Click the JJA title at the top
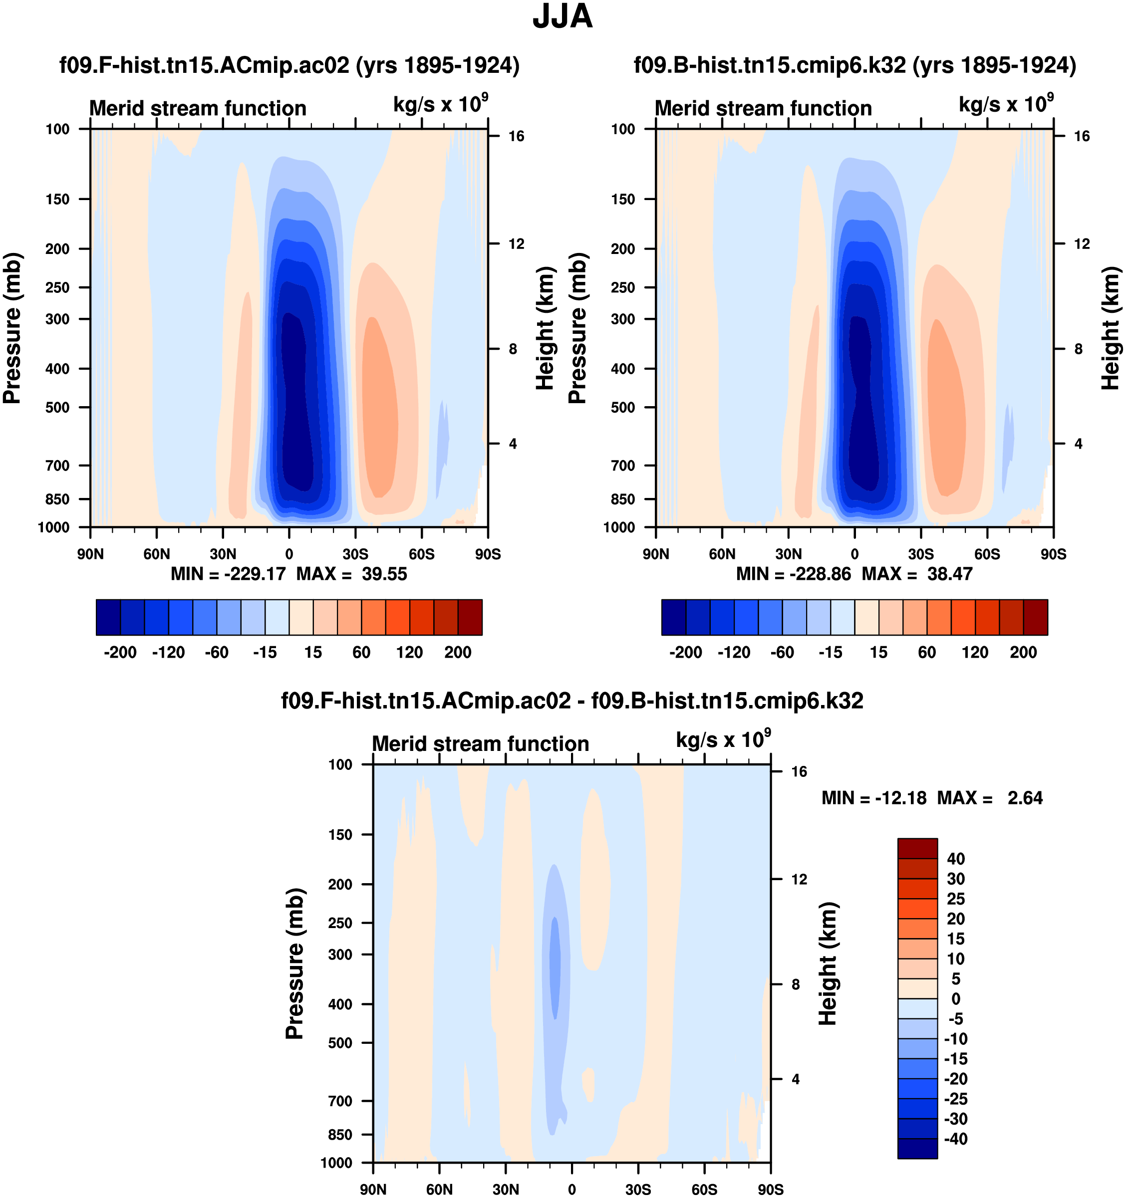click(563, 17)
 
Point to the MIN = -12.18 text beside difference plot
click(873, 798)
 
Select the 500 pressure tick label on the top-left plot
click(57, 407)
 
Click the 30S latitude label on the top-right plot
click(920, 554)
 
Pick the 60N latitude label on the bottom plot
click(439, 1190)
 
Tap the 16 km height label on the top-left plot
click(516, 136)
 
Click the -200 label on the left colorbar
click(120, 653)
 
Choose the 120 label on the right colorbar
click(975, 653)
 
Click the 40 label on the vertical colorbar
click(955, 859)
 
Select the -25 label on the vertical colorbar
click(955, 1099)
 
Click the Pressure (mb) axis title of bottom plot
click(294, 963)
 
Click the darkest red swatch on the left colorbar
click(470, 617)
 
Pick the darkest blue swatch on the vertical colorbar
click(917, 1148)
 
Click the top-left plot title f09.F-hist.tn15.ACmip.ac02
click(289, 65)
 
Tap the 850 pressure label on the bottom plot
click(340, 1135)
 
